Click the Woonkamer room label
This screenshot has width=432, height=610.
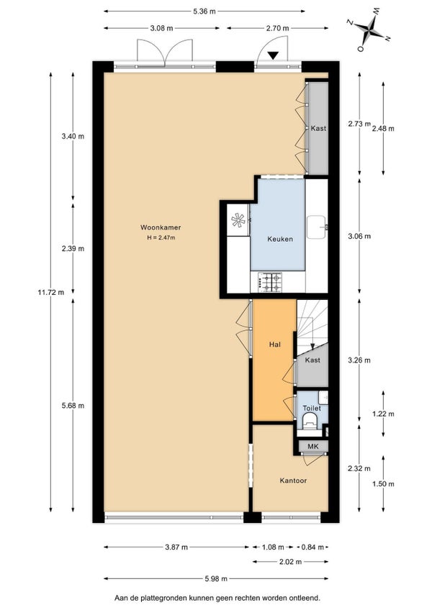click(161, 227)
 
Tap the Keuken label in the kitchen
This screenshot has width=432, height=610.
click(280, 239)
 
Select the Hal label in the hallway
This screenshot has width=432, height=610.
click(274, 345)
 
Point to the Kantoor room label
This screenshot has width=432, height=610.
click(293, 481)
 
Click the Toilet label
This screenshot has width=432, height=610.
click(312, 408)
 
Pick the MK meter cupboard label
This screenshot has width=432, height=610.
click(312, 446)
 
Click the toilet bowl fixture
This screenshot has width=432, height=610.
click(310, 421)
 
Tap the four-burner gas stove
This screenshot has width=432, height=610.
click(270, 283)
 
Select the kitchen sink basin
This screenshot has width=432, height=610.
click(317, 227)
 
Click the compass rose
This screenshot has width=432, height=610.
click(368, 30)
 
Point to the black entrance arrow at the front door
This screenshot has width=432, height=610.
click(273, 55)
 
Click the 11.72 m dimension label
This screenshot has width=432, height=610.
click(51, 292)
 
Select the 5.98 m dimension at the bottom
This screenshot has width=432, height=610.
click(216, 579)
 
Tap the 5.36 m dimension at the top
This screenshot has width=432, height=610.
click(204, 12)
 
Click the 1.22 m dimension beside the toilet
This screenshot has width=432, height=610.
click(383, 414)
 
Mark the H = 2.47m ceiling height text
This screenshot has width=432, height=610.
click(161, 237)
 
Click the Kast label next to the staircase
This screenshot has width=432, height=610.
click(312, 360)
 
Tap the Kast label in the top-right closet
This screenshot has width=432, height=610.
click(318, 128)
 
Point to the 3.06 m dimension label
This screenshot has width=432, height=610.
click(359, 236)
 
